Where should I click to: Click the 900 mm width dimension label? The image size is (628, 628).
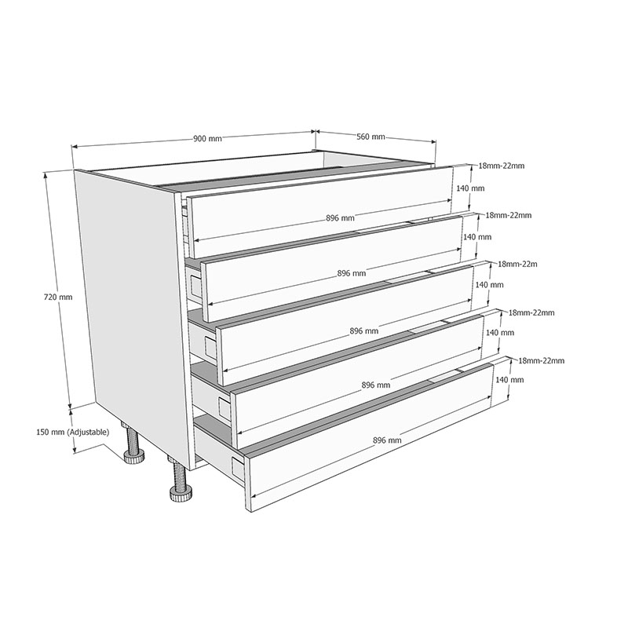coord(207,139)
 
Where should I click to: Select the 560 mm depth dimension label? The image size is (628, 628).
coord(371,137)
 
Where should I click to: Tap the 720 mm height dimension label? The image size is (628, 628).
coord(58,298)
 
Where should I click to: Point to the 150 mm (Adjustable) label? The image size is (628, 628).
coord(72,433)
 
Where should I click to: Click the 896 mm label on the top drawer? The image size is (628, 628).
coord(340,218)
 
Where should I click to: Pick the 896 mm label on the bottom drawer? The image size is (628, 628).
coord(387,440)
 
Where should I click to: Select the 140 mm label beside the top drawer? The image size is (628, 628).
coord(470,188)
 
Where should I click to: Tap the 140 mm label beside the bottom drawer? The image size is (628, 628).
coord(509,380)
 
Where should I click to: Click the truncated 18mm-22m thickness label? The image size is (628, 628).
coord(517,265)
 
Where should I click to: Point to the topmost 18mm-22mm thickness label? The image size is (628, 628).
coord(502,166)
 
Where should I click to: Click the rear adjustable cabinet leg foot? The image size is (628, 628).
coord(133,457)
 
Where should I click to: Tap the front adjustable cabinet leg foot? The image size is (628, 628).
coord(181,495)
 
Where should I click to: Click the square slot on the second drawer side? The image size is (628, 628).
coord(196,286)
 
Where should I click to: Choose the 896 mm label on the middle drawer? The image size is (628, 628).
coord(364,331)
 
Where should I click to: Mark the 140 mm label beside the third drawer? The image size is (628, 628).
coord(489,285)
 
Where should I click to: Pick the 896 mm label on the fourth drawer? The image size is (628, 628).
coord(376,385)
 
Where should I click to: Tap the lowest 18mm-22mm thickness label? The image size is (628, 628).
coord(542,361)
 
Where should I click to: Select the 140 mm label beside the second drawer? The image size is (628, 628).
coord(477,237)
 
